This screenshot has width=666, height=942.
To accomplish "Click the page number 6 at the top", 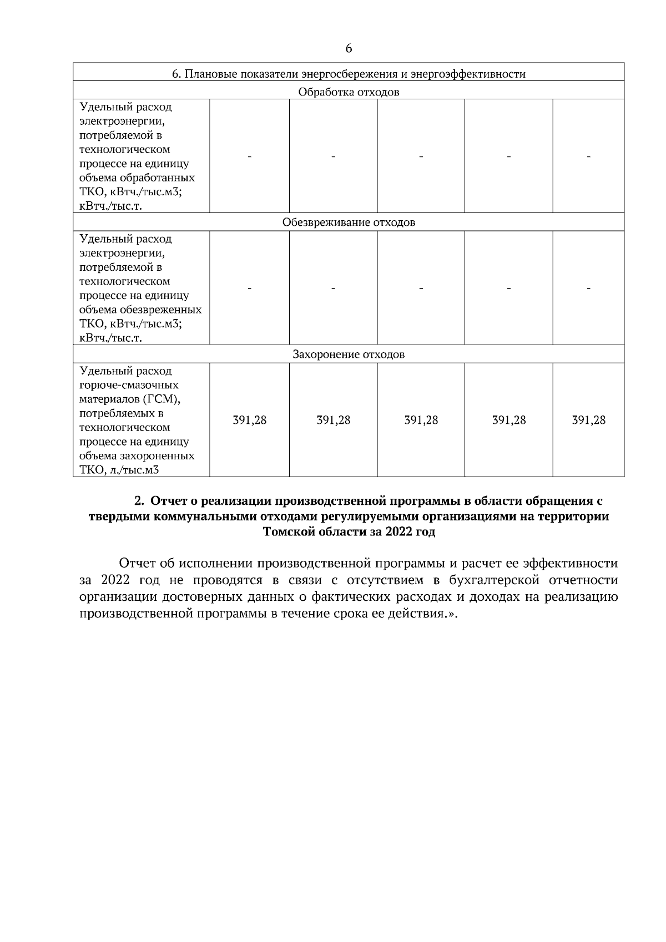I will click(349, 49).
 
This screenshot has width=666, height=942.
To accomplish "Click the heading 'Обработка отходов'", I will click(349, 92).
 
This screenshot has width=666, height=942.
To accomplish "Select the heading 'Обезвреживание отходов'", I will click(349, 222).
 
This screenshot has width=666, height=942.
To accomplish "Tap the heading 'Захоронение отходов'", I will click(349, 354).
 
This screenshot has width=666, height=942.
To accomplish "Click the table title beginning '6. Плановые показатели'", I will click(349, 74).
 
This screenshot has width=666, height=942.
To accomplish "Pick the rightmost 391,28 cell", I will click(588, 420).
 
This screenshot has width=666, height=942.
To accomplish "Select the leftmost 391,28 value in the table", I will click(249, 420).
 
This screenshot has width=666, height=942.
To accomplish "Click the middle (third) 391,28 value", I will click(421, 420).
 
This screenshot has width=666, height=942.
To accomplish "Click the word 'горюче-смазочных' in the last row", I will click(129, 385).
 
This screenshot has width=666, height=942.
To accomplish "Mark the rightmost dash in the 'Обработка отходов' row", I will click(588, 158).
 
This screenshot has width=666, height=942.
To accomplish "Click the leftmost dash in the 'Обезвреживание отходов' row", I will click(249, 288).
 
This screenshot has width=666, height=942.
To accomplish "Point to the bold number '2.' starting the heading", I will click(140, 501).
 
